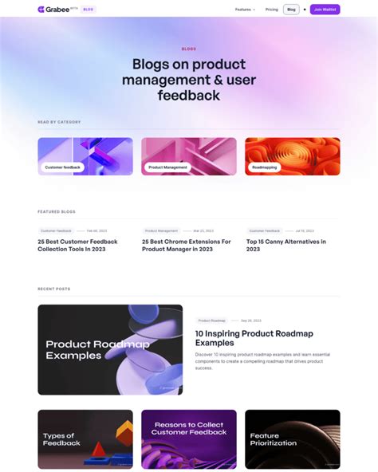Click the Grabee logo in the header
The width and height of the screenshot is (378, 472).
[54, 10]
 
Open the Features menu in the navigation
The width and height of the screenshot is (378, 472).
[245, 10]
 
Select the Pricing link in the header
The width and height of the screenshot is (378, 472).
[272, 10]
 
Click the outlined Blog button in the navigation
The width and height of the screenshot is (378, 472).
[291, 10]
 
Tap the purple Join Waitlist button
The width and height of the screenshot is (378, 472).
[325, 10]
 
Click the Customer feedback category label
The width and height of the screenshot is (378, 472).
[62, 167]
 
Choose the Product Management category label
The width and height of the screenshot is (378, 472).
[167, 167]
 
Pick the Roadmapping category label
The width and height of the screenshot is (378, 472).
[264, 167]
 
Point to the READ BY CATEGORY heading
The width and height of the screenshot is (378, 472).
[59, 122]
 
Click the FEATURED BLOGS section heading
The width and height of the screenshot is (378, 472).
[57, 212]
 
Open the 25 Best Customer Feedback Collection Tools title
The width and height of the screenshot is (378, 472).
[77, 246]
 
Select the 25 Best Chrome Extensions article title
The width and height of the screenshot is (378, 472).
[186, 246]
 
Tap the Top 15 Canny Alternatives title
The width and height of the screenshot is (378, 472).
[285, 246]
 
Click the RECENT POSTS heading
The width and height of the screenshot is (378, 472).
[54, 289]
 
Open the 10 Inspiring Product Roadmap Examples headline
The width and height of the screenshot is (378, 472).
[254, 338]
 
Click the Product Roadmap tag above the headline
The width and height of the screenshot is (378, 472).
[212, 321]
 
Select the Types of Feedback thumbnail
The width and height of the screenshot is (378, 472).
[85, 439]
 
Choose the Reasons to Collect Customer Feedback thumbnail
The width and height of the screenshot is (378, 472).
[189, 439]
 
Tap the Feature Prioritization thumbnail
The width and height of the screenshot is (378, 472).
[293, 439]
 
